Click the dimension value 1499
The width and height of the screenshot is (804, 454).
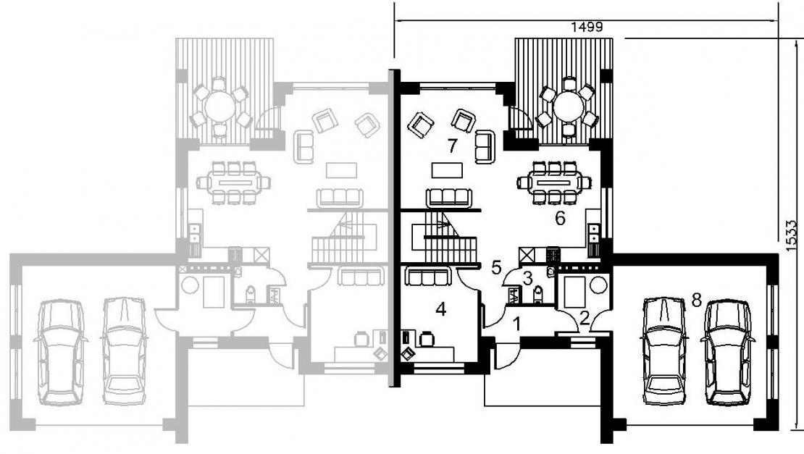[587, 28]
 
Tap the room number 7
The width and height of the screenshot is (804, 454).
[452, 146]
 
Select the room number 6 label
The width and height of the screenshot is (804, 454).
[560, 219]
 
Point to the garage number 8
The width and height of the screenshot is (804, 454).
[696, 300]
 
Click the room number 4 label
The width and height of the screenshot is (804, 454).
[441, 309]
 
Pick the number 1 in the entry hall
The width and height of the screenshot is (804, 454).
[517, 324]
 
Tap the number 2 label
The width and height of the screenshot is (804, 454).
[585, 318]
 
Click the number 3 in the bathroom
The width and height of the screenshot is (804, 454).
[527, 278]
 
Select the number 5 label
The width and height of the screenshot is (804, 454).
[496, 267]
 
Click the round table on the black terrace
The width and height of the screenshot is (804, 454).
[568, 106]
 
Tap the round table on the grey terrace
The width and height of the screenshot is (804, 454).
[219, 106]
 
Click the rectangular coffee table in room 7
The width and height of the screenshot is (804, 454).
[447, 169]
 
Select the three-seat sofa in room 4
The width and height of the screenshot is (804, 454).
[428, 276]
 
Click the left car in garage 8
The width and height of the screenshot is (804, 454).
[664, 350]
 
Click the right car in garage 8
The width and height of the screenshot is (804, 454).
[727, 352]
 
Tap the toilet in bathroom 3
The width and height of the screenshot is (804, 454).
[537, 295]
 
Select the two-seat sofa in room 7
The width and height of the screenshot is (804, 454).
[485, 146]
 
